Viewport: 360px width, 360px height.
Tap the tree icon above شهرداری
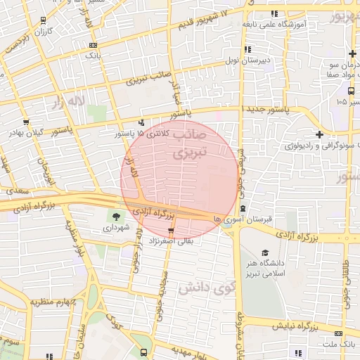point(116,216)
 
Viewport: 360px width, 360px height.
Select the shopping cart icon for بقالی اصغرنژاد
point(171,231)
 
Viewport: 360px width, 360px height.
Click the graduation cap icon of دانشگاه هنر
point(264,252)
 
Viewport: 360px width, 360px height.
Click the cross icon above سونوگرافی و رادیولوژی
point(320,134)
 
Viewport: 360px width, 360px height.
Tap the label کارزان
point(44,32)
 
